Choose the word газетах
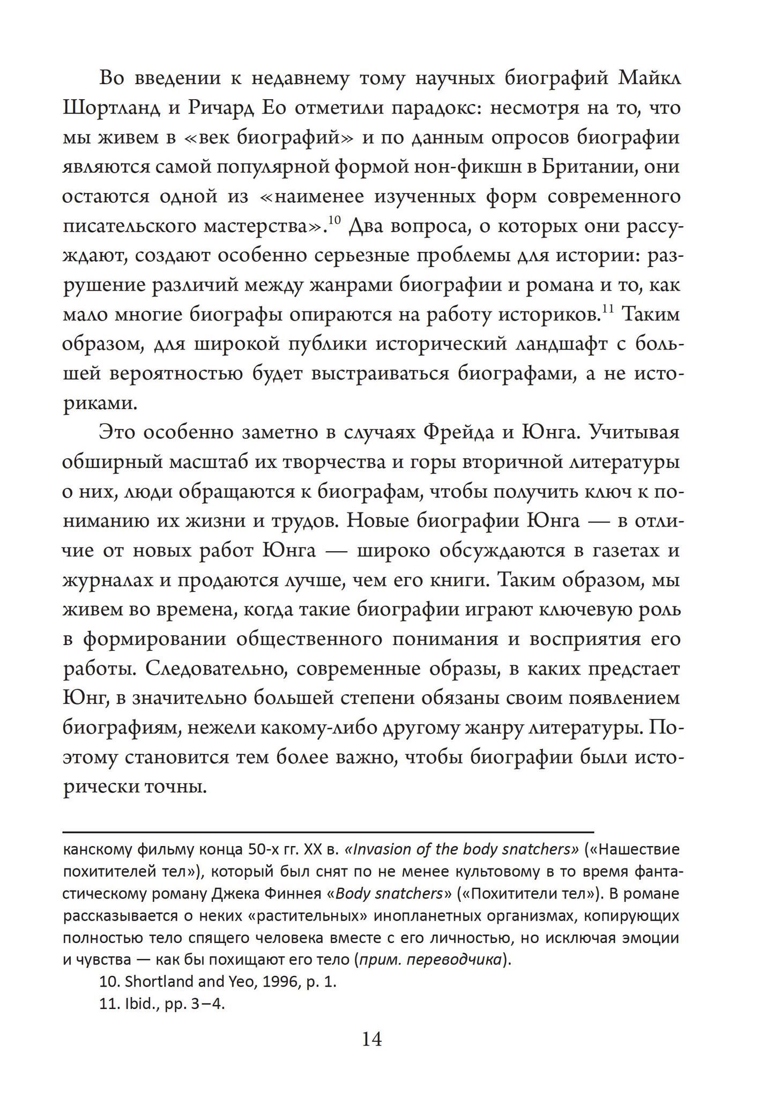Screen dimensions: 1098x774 [606, 551]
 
